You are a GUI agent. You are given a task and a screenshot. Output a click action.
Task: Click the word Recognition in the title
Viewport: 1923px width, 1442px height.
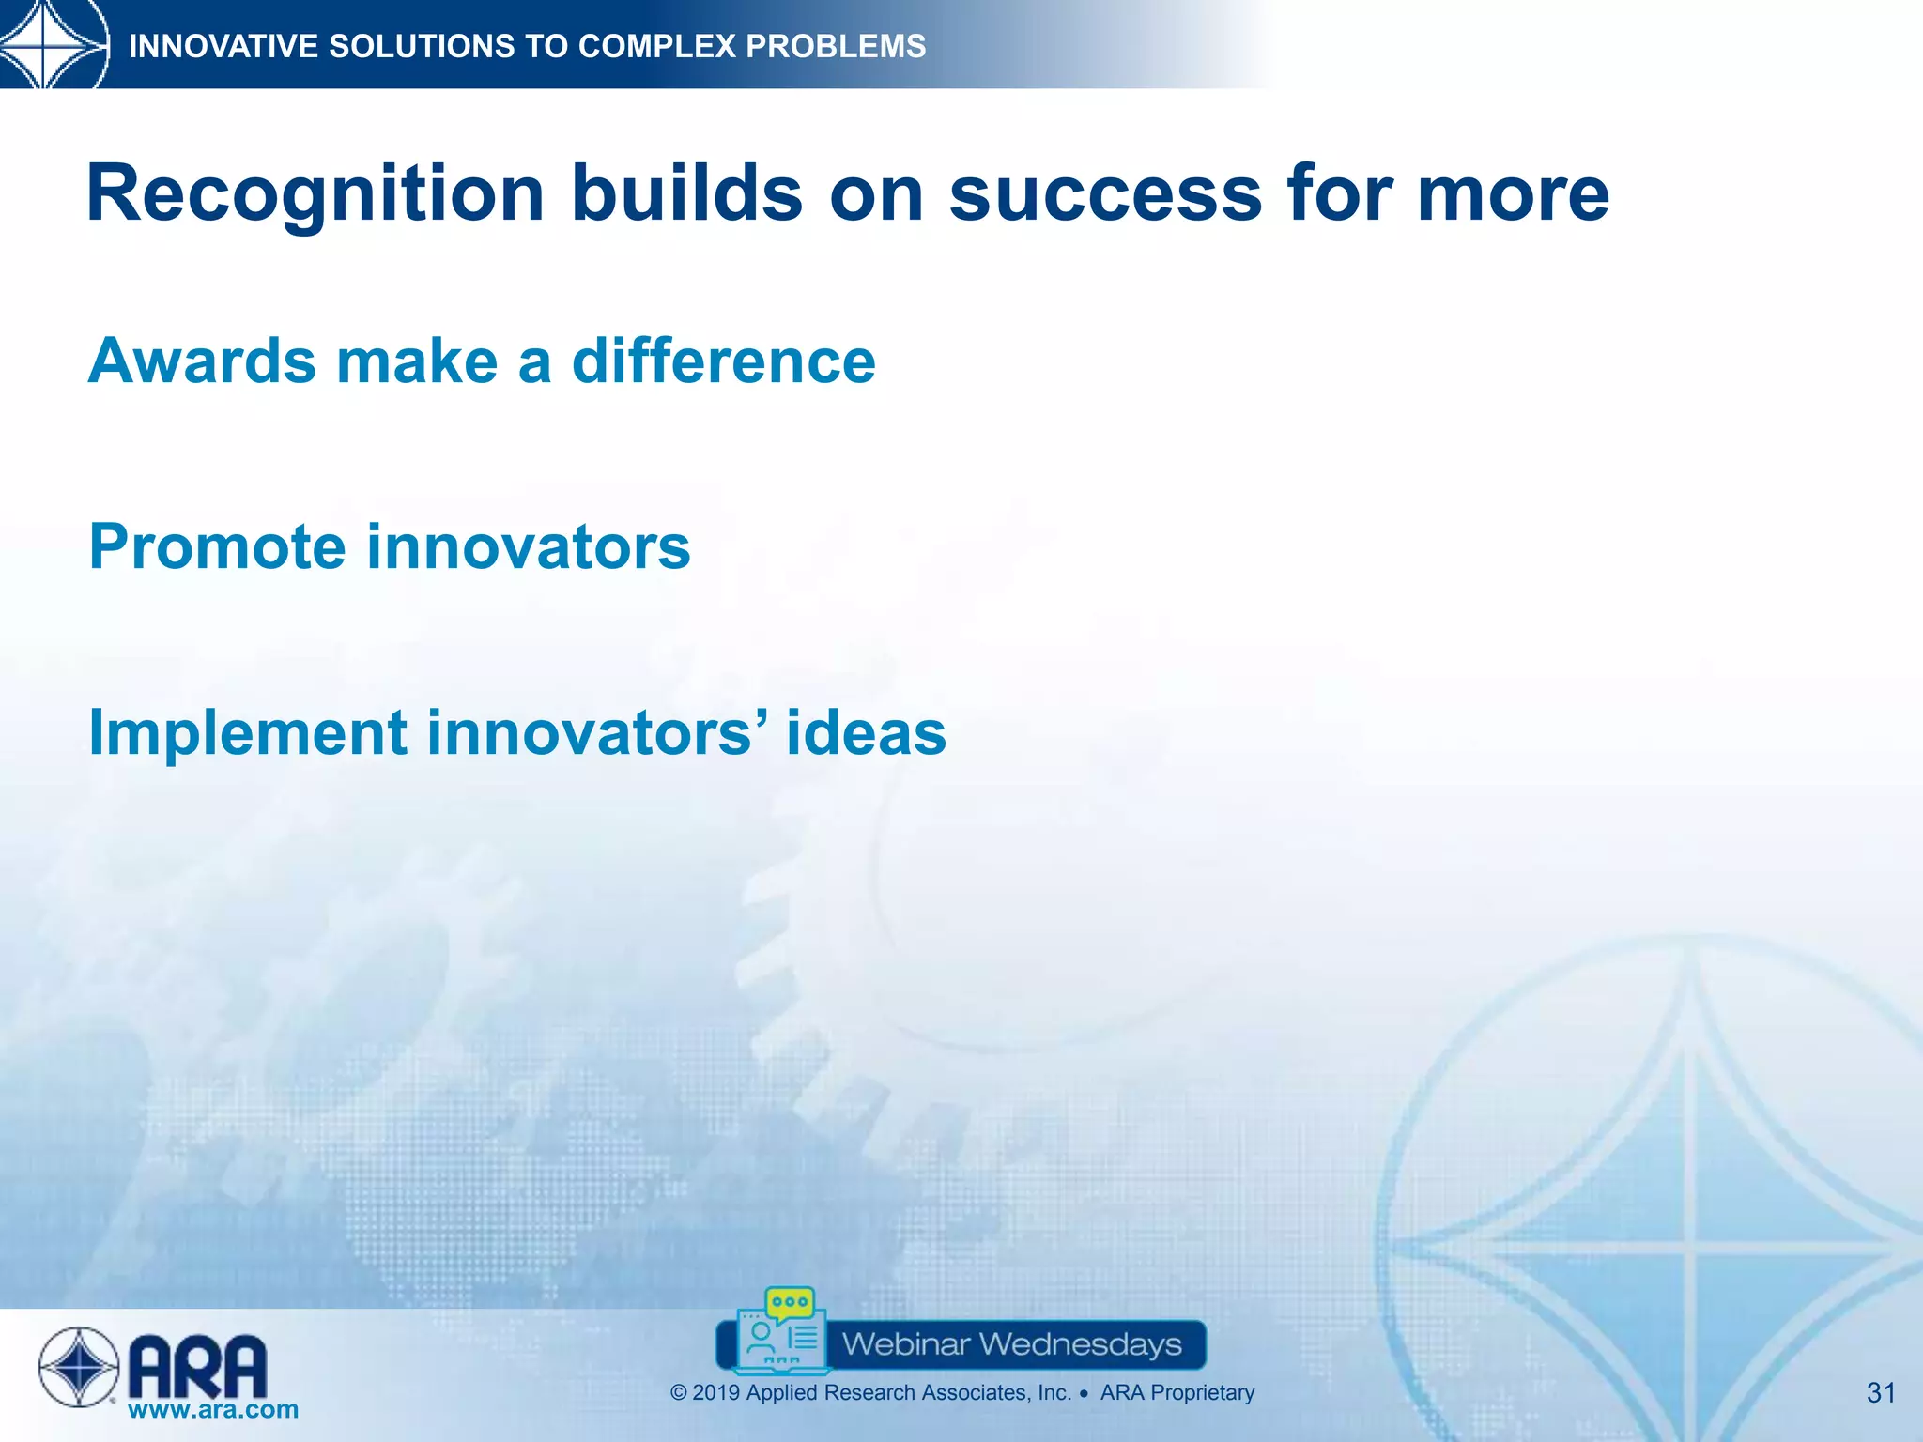(x=315, y=195)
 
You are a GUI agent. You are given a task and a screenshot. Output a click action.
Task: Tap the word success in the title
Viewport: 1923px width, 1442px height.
(x=1105, y=195)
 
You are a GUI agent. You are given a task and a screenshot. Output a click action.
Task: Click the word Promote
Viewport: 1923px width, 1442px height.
(x=216, y=548)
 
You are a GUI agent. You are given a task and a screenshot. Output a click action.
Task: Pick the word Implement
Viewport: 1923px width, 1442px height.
(x=247, y=734)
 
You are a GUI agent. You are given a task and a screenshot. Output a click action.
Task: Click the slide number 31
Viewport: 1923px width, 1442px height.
(x=1881, y=1392)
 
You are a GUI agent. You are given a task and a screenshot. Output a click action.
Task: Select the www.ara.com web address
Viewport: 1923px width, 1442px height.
(x=213, y=1409)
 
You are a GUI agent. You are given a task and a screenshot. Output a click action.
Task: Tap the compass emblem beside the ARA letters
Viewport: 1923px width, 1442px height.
(x=79, y=1367)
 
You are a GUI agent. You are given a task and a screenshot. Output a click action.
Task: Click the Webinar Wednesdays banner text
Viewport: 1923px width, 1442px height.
(x=1011, y=1344)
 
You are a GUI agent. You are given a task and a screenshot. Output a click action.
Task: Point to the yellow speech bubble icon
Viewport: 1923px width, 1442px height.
(x=790, y=1303)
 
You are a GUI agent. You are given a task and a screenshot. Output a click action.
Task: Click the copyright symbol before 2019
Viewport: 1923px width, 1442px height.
(x=679, y=1393)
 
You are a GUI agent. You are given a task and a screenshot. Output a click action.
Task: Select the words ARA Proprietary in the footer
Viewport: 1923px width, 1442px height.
(x=1177, y=1393)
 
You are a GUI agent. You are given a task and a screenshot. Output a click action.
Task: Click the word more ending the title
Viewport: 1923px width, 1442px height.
(x=1513, y=195)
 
